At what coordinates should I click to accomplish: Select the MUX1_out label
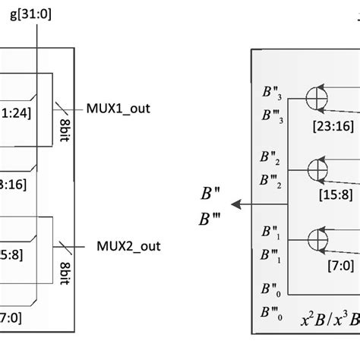click(117, 108)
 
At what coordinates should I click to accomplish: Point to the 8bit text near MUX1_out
click(64, 129)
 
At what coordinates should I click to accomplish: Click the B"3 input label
click(269, 95)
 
